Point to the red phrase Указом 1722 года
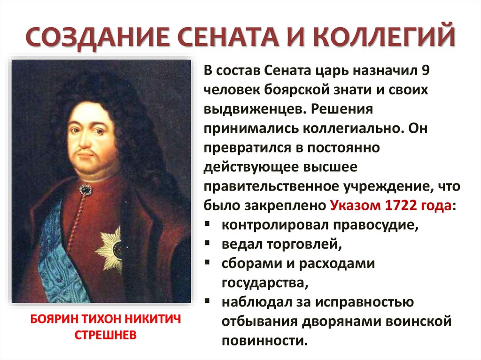(x=392, y=206)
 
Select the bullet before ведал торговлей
(x=208, y=244)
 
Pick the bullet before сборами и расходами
(x=208, y=263)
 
